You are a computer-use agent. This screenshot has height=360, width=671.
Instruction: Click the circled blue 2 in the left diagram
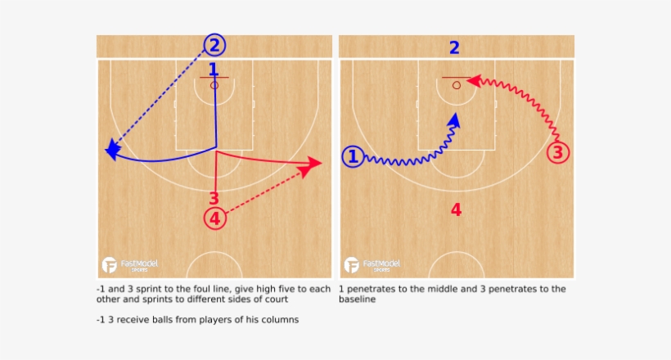pyautogui.click(x=214, y=45)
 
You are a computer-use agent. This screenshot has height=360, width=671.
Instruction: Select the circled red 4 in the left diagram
pyautogui.click(x=215, y=218)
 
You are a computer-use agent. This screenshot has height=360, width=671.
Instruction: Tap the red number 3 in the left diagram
pyautogui.click(x=214, y=198)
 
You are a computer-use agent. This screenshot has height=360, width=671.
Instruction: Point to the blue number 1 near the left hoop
pyautogui.click(x=213, y=70)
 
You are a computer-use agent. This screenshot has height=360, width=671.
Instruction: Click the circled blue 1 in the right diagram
pyautogui.click(x=353, y=156)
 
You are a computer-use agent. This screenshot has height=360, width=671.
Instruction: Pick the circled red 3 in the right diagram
pyautogui.click(x=558, y=153)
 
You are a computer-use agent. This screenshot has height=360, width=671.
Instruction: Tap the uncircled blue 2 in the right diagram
pyautogui.click(x=454, y=47)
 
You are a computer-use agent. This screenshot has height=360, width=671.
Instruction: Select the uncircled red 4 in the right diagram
pyautogui.click(x=456, y=209)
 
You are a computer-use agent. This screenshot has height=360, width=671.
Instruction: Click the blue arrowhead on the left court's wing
pyautogui.click(x=112, y=150)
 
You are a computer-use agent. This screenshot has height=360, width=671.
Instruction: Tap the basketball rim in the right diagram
pyautogui.click(x=457, y=85)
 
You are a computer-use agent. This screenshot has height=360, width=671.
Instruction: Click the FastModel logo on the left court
pyautogui.click(x=130, y=265)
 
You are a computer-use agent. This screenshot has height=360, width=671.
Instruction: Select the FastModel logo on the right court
pyautogui.click(x=372, y=265)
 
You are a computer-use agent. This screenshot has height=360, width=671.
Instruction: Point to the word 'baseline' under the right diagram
pyautogui.click(x=358, y=299)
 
